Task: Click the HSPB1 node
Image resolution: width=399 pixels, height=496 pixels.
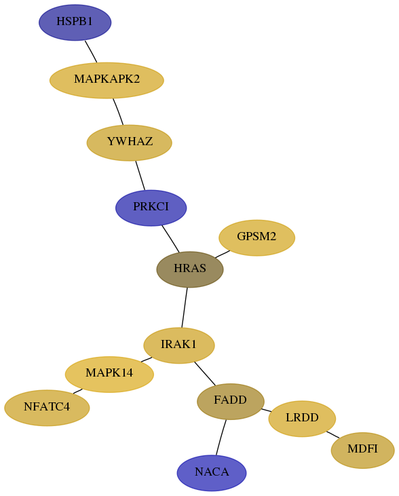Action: coord(75,22)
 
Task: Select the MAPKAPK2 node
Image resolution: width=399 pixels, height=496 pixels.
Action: coord(107,80)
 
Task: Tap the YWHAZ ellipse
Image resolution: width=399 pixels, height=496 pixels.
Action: coord(130,143)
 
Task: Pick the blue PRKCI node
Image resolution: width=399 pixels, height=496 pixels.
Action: coord(151,208)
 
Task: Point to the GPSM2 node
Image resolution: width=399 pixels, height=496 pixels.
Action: coord(257,238)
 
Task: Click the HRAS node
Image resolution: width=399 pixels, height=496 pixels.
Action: coord(190,269)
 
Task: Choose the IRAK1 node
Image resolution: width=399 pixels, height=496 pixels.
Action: coord(179,345)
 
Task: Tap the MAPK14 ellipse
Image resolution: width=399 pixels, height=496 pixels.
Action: coord(109,375)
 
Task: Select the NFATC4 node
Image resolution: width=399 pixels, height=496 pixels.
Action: coord(47,408)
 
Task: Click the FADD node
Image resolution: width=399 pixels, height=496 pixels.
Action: coord(231,402)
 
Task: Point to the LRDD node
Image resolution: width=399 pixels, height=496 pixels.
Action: coord(302,419)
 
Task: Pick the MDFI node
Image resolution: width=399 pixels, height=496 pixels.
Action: coord(363,450)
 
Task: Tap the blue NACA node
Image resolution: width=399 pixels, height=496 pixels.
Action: coord(212,473)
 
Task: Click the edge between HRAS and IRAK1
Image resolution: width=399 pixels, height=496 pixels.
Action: coord(185,307)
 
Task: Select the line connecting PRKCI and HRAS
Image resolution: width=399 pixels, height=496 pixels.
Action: coord(170,239)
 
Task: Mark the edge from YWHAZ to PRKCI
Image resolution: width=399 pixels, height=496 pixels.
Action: coord(140,176)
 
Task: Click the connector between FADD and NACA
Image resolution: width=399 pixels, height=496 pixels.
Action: coord(221,437)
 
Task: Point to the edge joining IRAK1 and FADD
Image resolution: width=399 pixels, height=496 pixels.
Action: coord(205,374)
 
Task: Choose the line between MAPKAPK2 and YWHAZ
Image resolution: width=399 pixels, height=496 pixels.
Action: coord(118,112)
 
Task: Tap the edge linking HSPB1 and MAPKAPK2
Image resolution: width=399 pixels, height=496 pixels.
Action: coord(91,52)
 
